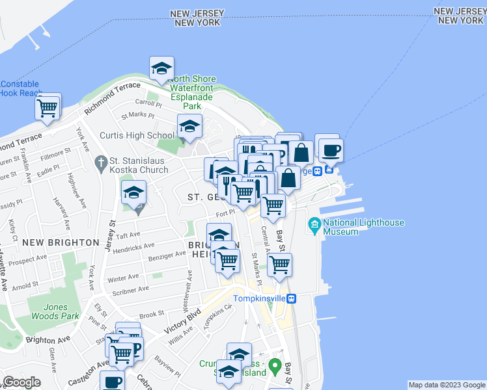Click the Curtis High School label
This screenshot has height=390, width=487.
(x=137, y=136)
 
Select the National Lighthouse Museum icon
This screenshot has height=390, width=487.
(x=315, y=227)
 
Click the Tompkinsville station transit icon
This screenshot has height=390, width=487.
(x=292, y=298)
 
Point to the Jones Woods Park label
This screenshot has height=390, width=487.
(x=53, y=311)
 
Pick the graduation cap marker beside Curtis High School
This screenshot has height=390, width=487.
(x=189, y=127)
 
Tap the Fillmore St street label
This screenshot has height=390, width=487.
(x=55, y=154)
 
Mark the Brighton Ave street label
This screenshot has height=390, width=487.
(x=48, y=339)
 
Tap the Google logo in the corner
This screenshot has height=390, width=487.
(x=22, y=382)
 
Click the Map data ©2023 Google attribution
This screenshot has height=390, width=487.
(x=446, y=385)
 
